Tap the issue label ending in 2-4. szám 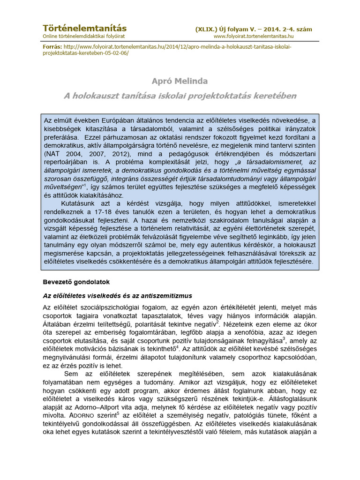click(254, 29)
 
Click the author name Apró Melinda click(180, 82)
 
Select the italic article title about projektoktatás click(180, 96)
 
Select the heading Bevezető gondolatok click(77, 282)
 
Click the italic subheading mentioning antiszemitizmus click(118, 296)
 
